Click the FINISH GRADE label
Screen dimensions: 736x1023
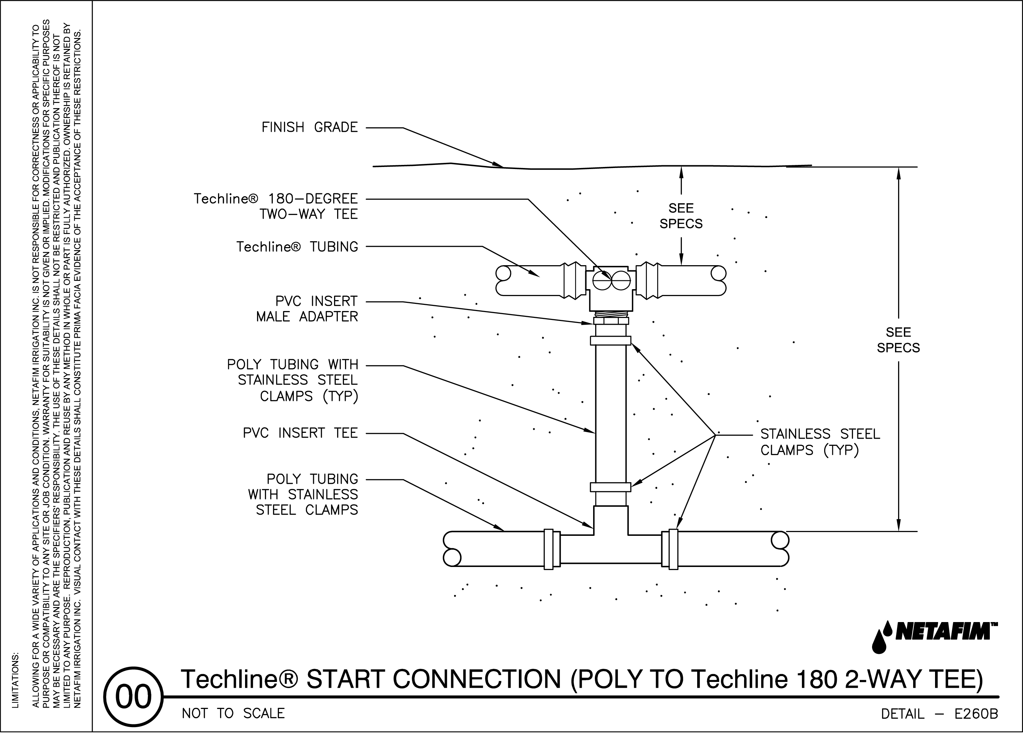[x=309, y=128]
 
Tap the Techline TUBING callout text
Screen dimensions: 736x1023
[x=297, y=247]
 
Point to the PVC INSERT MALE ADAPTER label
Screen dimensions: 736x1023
[x=307, y=309]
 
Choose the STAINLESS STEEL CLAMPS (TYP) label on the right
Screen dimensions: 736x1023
[x=820, y=442]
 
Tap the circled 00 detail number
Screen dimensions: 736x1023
[x=133, y=697]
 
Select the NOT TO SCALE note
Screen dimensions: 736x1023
[x=233, y=713]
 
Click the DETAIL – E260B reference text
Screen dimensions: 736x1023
[x=939, y=714]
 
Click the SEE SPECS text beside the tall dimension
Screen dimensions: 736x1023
[x=898, y=340]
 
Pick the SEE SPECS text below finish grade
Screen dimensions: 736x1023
[x=681, y=216]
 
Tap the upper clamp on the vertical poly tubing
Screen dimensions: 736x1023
[x=610, y=340]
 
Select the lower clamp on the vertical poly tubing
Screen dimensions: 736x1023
[x=610, y=487]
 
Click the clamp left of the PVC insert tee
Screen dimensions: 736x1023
[x=549, y=549]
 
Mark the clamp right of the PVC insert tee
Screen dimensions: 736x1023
[x=673, y=549]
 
